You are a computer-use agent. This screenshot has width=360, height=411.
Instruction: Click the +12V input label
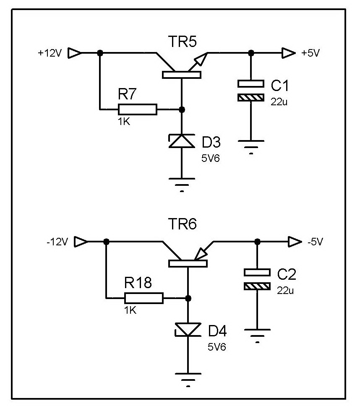tap(50, 53)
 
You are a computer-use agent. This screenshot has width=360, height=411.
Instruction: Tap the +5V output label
tap(310, 53)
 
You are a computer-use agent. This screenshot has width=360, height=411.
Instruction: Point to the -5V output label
tap(316, 242)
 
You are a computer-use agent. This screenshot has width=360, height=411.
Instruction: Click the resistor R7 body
tap(138, 109)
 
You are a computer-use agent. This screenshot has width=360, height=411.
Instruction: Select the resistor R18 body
tap(144, 298)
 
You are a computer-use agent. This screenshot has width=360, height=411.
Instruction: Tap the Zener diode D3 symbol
tap(182, 141)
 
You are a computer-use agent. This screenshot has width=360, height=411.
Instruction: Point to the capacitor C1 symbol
tap(251, 91)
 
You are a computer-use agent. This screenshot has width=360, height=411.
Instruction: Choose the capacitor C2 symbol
tap(257, 279)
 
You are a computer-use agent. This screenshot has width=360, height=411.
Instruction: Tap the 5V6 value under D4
tap(218, 347)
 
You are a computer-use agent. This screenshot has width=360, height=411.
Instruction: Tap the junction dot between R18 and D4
tap(188, 298)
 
